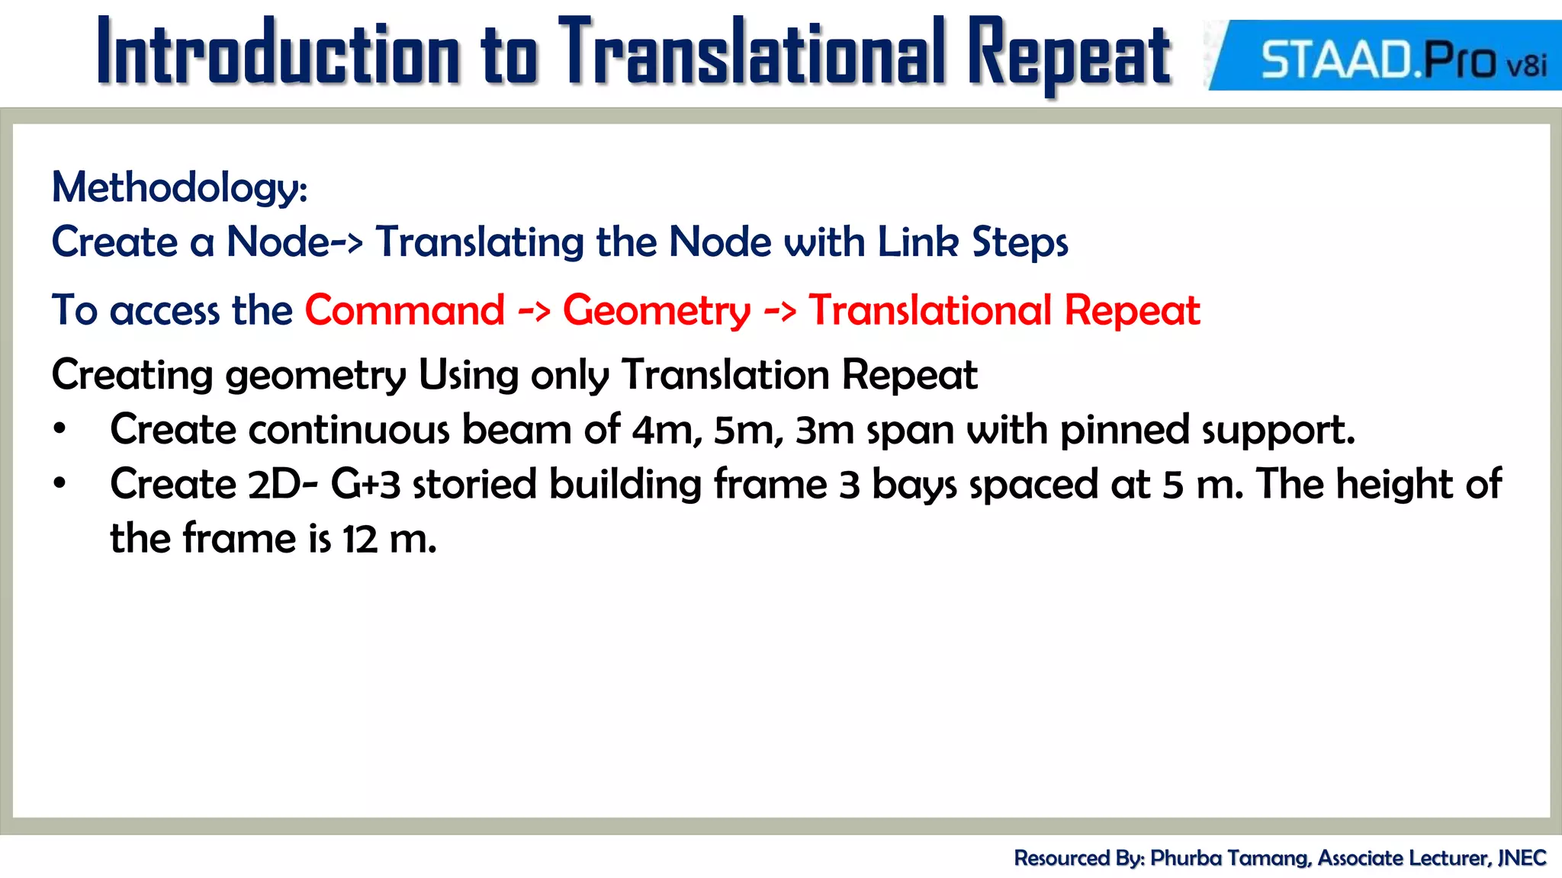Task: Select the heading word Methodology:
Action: (x=179, y=187)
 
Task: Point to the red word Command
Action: (x=405, y=311)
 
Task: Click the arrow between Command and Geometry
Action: (x=534, y=311)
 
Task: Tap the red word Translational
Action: (x=930, y=311)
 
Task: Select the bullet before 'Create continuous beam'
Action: (x=60, y=430)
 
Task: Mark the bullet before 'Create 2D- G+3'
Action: (x=60, y=484)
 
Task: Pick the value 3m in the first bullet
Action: (x=824, y=431)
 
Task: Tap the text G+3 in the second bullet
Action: (x=365, y=485)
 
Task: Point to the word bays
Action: (x=914, y=485)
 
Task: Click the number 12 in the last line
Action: (x=360, y=540)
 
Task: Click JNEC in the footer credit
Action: (x=1522, y=858)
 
